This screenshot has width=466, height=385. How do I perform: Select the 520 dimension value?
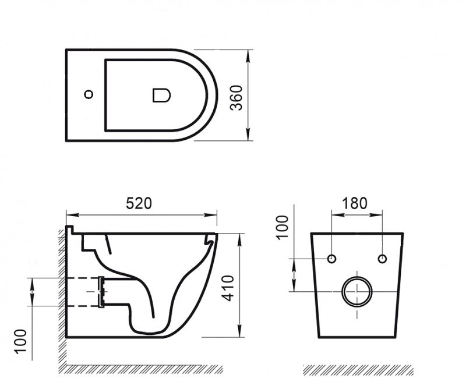tap(139, 203)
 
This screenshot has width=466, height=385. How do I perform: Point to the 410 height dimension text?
tap(230, 286)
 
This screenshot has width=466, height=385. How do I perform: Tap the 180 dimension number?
tap(355, 203)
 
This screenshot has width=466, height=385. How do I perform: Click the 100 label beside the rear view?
tap(282, 227)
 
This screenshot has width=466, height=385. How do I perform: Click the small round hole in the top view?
tap(89, 94)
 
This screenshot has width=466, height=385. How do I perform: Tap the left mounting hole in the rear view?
tap(332, 259)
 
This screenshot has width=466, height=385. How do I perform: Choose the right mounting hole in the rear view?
tap(382, 259)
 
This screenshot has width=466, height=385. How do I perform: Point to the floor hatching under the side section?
tap(143, 369)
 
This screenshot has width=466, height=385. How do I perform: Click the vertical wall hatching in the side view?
tap(61, 291)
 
